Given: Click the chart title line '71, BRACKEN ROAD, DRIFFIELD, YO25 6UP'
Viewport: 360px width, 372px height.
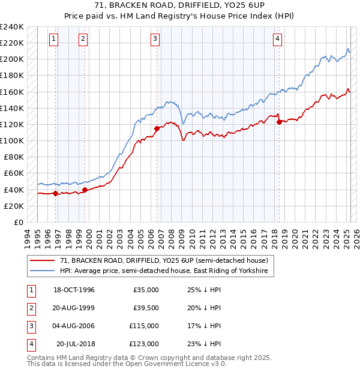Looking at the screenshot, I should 179,7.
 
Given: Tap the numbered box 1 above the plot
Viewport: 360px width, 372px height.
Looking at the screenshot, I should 53,39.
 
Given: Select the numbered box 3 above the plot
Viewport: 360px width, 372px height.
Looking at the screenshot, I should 155,39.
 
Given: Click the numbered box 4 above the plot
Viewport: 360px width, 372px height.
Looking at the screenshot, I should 278,39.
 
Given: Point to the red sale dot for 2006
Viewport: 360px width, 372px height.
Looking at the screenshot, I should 157,128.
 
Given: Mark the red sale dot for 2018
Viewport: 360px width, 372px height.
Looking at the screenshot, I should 279,122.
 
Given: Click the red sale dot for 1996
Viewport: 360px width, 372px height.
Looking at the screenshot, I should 56,193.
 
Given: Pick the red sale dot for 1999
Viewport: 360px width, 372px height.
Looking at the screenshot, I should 85,190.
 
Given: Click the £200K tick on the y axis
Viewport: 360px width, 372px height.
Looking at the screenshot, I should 12,59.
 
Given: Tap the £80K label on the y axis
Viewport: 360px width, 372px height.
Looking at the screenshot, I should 14,157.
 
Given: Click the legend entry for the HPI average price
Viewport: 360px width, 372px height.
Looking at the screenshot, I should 166,271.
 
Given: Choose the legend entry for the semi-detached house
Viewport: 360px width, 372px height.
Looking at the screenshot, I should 167,260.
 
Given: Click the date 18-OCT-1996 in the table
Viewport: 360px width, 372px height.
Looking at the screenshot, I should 74,290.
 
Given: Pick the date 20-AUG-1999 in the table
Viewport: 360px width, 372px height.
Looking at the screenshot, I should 74,308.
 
